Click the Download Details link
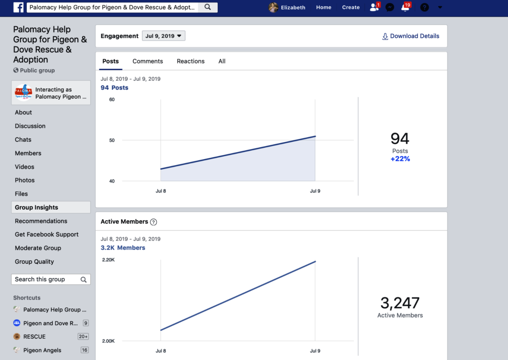[x=411, y=36]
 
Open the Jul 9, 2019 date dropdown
[x=164, y=36]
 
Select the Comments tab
[x=148, y=61]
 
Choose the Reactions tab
[x=190, y=61]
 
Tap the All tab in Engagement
[x=222, y=61]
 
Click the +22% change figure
[x=400, y=159]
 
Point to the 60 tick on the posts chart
[x=112, y=99]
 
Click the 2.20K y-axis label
[x=108, y=260]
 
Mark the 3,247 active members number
[x=400, y=303]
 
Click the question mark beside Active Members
[x=154, y=222]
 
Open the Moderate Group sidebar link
[x=38, y=248]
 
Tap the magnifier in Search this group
[x=83, y=279]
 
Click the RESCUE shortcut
[x=34, y=337]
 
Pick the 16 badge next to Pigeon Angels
[x=84, y=350]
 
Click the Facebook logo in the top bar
[x=18, y=7]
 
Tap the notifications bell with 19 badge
[x=405, y=7]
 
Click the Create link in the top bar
[x=351, y=7]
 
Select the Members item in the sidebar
[x=28, y=153]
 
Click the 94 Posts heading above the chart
[x=115, y=88]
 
